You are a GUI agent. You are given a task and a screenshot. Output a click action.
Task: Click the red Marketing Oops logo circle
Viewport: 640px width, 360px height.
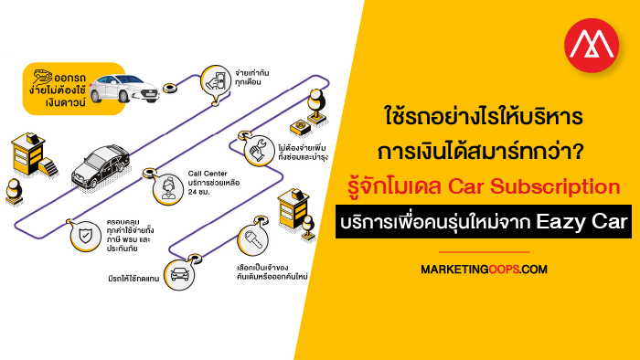click(592, 46)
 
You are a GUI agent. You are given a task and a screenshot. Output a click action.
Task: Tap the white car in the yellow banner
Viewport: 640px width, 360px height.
click(123, 88)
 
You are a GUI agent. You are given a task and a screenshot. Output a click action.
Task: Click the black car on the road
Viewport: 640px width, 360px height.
click(101, 166)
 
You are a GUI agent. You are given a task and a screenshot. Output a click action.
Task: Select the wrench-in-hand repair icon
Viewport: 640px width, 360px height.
click(259, 150)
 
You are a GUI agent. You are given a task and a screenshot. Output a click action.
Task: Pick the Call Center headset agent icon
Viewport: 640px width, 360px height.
click(167, 189)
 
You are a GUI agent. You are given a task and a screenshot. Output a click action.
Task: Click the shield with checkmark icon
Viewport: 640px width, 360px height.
click(85, 236)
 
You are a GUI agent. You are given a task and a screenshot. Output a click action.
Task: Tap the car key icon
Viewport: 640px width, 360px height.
click(253, 240)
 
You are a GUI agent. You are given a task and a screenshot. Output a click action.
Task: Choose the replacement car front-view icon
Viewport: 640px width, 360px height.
click(179, 274)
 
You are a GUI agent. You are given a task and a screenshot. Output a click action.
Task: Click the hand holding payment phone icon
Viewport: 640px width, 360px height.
click(216, 80)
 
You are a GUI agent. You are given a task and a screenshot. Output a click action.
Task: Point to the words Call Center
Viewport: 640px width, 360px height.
click(208, 174)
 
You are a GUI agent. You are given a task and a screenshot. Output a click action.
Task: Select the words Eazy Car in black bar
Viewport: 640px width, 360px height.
click(581, 221)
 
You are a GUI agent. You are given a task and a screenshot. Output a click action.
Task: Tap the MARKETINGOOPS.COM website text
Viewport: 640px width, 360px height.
click(484, 269)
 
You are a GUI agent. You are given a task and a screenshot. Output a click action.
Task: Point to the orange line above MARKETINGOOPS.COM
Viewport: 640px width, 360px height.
click(484, 252)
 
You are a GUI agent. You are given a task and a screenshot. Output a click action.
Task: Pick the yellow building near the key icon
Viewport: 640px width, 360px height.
click(293, 208)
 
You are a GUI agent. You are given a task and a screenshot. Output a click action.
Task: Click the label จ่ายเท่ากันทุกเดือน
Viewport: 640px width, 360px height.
click(251, 78)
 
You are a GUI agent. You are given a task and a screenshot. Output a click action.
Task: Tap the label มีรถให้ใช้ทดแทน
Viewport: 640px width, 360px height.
click(133, 279)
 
